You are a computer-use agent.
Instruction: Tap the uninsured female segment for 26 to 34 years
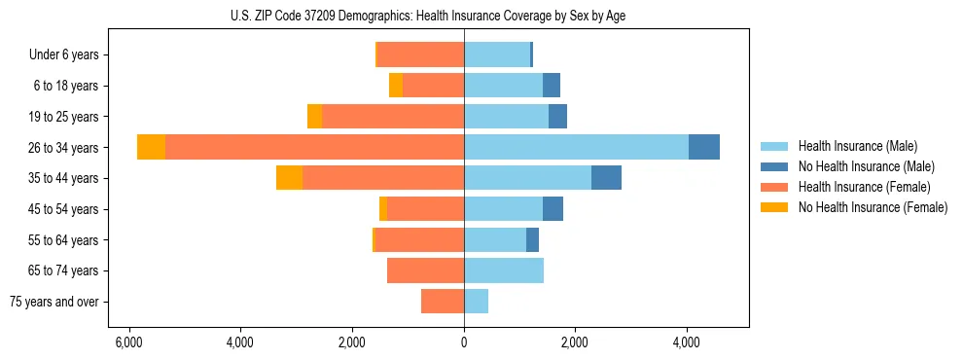click(x=151, y=147)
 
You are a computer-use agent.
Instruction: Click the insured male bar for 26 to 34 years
click(x=576, y=147)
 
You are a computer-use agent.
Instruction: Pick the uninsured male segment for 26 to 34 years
click(x=704, y=147)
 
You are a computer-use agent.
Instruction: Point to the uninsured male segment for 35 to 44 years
click(x=606, y=178)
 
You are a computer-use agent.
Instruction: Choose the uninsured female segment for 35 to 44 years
click(x=289, y=178)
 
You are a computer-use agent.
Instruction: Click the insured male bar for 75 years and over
click(x=476, y=302)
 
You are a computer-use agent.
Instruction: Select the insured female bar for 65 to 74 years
click(x=425, y=270)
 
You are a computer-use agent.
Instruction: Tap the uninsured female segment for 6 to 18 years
click(x=396, y=86)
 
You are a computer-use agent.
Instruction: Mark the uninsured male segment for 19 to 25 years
click(x=557, y=117)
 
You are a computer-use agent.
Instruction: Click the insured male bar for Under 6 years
click(x=497, y=54)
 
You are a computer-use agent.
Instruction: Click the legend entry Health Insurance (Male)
click(x=857, y=146)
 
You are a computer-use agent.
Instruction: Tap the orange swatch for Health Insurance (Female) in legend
click(x=774, y=187)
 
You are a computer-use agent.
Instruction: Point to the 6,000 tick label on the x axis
click(x=128, y=342)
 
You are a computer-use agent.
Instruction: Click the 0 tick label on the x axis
click(x=464, y=342)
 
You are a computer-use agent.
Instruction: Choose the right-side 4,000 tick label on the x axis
click(x=687, y=342)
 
